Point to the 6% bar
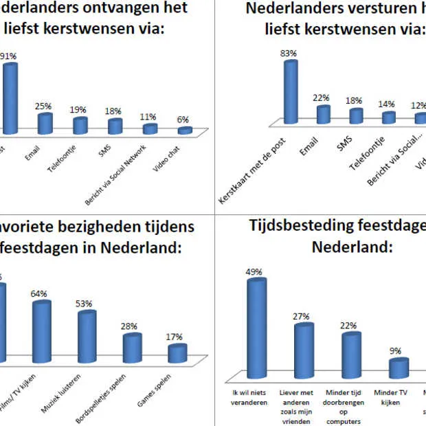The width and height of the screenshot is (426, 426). tap(185, 130)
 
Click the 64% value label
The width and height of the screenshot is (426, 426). tap(38, 294)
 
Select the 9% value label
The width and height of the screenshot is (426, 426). tap(396, 351)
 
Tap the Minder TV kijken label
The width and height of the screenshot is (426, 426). tap(387, 398)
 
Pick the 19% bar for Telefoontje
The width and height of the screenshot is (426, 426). tap(80, 126)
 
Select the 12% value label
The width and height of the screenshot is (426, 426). tap(418, 106)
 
